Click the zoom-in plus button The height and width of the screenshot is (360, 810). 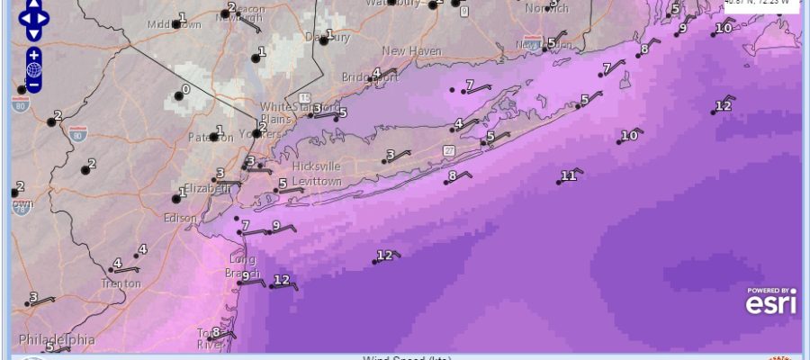33,55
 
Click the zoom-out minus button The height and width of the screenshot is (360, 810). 33,85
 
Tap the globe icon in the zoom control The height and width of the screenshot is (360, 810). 33,69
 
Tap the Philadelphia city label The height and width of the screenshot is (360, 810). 56,340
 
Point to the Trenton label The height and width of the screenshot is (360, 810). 121,283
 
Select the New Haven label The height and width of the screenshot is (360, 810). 412,51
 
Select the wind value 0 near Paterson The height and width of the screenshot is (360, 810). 185,90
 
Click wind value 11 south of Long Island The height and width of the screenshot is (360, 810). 568,175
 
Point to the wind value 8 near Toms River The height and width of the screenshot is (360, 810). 216,332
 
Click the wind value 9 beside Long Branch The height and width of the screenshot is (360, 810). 245,276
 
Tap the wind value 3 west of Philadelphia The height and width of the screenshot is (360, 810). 34,297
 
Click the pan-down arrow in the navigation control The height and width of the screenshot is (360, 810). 33,34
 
